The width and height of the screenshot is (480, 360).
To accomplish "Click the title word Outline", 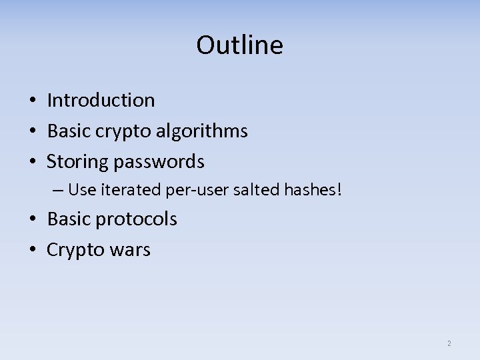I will (239, 45).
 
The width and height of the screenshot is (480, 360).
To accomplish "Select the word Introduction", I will (101, 101).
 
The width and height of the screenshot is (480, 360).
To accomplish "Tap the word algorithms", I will (201, 131).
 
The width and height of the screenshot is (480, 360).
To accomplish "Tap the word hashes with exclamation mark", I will (313, 190).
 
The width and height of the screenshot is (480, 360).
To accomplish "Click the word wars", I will (131, 250).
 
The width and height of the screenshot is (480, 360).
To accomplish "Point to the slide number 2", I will (449, 343).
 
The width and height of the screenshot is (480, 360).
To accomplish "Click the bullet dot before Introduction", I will (32, 101).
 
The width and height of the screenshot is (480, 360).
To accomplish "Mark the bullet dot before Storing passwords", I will (32, 162).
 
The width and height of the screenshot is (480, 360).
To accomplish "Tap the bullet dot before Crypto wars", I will (32, 251).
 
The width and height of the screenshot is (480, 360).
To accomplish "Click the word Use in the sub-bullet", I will (82, 190).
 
